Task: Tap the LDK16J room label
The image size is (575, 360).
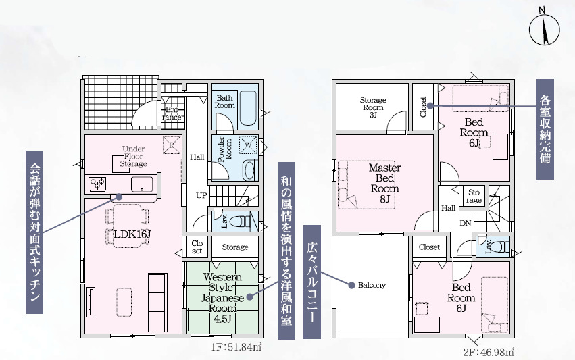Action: (132, 234)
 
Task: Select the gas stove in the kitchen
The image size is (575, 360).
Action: (97, 183)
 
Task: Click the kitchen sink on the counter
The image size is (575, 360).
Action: (141, 184)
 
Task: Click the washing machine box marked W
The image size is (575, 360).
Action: (248, 145)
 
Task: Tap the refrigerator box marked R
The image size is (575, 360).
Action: (172, 145)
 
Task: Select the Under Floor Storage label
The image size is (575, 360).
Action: (134, 156)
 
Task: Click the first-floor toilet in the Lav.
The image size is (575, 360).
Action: (241, 221)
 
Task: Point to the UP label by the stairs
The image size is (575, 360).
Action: (201, 195)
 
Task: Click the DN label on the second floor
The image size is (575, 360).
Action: (466, 223)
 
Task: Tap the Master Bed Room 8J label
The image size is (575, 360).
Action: (384, 183)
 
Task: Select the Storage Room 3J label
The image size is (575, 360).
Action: (373, 107)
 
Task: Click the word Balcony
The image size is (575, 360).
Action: (372, 285)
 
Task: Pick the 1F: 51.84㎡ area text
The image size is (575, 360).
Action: (236, 346)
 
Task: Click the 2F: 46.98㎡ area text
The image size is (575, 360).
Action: (489, 353)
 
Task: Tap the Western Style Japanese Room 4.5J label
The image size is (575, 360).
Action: (222, 298)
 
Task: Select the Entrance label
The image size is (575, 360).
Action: (172, 113)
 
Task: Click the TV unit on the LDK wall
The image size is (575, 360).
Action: (91, 302)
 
